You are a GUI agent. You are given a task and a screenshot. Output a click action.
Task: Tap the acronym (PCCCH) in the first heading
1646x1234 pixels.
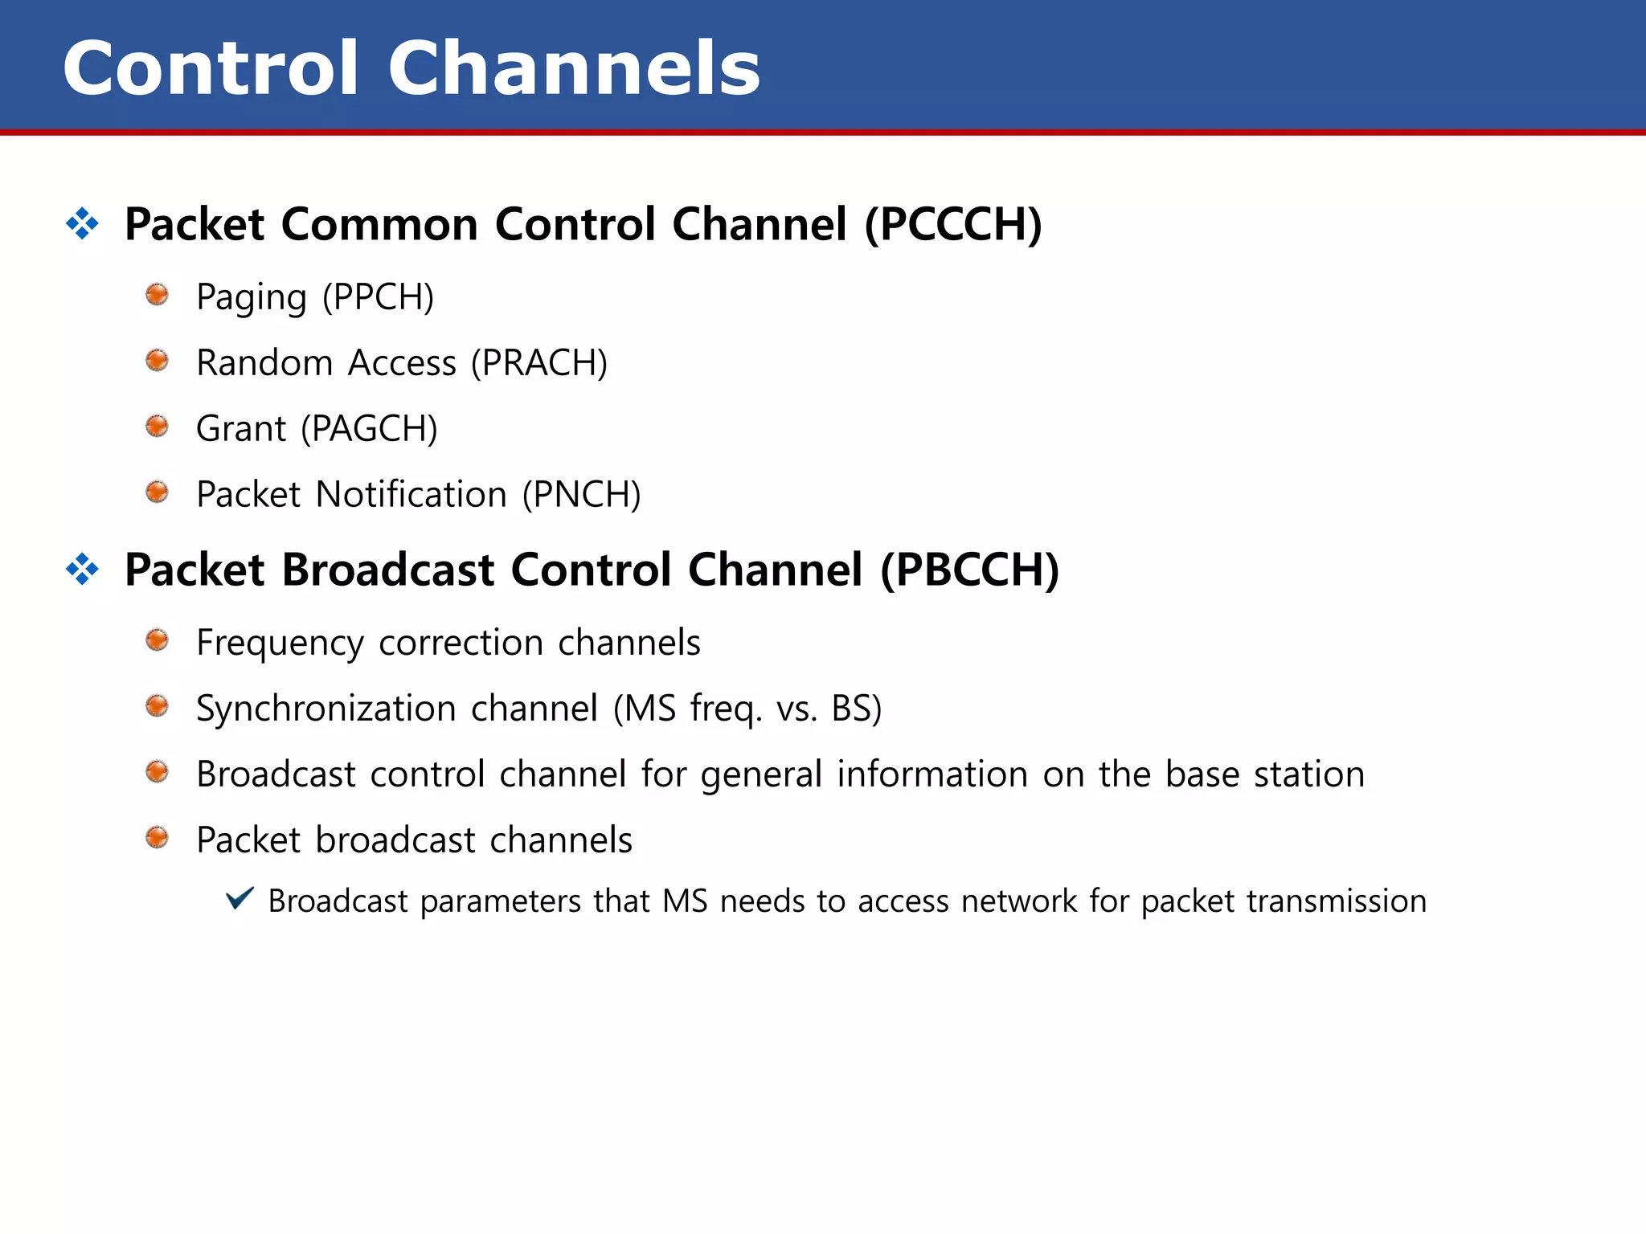pyautogui.click(x=953, y=224)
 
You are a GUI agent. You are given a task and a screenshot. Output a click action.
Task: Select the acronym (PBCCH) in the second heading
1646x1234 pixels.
pyautogui.click(x=970, y=570)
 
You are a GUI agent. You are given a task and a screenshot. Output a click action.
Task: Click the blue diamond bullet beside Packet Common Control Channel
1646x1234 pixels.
pyautogui.click(x=82, y=223)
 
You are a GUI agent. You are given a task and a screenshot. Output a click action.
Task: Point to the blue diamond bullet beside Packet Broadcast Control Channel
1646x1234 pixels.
pyautogui.click(x=82, y=570)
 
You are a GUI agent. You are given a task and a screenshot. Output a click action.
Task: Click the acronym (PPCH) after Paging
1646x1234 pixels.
pyautogui.click(x=378, y=297)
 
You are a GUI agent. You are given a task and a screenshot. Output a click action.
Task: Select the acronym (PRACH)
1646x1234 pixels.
pyautogui.click(x=539, y=363)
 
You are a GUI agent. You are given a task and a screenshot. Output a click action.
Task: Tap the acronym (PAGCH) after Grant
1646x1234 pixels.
pyautogui.click(x=369, y=429)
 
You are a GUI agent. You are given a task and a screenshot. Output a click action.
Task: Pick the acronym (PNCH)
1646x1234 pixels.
pyautogui.click(x=581, y=495)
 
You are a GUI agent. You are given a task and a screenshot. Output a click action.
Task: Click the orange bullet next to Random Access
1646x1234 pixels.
pyautogui.click(x=158, y=361)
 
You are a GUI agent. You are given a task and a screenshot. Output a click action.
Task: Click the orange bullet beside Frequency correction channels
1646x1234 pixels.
pyautogui.click(x=158, y=640)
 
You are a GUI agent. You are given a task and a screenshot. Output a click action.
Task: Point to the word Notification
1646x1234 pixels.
pyautogui.click(x=411, y=495)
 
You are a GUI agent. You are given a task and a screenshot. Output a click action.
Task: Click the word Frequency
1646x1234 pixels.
pyautogui.click(x=280, y=644)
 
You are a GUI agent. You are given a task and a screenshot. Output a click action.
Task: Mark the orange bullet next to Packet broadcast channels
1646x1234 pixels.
pyautogui.click(x=158, y=838)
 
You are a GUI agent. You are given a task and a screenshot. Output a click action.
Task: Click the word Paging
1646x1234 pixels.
pyautogui.click(x=252, y=298)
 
